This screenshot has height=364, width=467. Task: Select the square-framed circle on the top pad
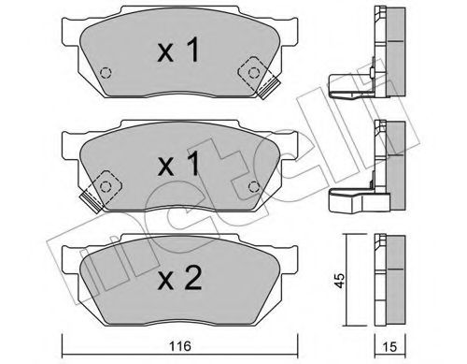tap(251, 69)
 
